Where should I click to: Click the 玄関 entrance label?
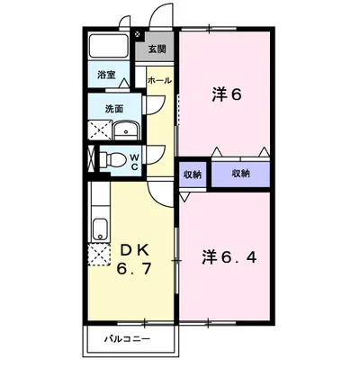click(x=157, y=49)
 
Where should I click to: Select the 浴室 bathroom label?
click(x=105, y=76)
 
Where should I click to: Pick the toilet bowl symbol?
click(x=112, y=160)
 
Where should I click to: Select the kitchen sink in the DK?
click(x=99, y=229)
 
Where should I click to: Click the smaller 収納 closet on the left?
click(x=193, y=175)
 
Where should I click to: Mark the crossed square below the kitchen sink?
click(x=97, y=254)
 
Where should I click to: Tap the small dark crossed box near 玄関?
click(x=137, y=34)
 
